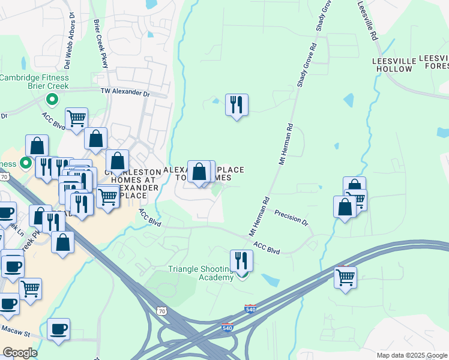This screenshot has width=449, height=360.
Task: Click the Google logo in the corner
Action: pyautogui.click(x=20, y=353)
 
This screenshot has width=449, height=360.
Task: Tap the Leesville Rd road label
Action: pyautogui.click(x=368, y=22)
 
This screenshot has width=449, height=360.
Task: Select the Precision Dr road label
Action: pyautogui.click(x=291, y=218)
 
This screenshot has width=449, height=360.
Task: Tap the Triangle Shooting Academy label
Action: pyautogui.click(x=200, y=273)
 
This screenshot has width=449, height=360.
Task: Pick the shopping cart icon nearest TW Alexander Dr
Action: pyautogui.click(x=77, y=119)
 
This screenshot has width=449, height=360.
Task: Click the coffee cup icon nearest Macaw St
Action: pyautogui.click(x=59, y=329)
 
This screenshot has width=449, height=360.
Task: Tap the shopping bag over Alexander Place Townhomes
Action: pyautogui.click(x=199, y=172)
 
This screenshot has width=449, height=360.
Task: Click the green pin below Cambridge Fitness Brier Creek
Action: pyautogui.click(x=52, y=100)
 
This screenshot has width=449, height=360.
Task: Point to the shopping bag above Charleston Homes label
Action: pyautogui.click(x=118, y=161)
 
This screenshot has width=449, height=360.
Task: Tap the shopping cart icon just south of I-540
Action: pyautogui.click(x=345, y=277)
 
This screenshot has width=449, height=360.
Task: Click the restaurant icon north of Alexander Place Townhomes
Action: pyautogui.click(x=237, y=105)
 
